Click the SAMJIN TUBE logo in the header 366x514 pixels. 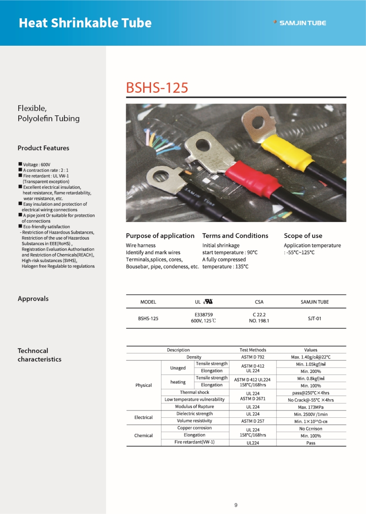point(300,23)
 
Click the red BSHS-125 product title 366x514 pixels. point(157,87)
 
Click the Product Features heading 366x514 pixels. point(43,148)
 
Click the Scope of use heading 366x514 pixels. point(303,235)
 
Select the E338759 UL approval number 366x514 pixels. point(204,314)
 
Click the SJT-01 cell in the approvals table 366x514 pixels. point(311,319)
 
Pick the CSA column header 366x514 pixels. point(259,302)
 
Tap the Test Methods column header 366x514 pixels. point(253,349)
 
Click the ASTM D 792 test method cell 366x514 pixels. point(253,357)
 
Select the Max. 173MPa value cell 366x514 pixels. point(311,407)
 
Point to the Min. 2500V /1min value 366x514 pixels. point(311,414)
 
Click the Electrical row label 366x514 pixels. point(144,417)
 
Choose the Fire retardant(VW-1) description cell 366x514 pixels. point(195,442)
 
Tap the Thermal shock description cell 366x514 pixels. point(195,392)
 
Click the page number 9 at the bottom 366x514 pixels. point(236,505)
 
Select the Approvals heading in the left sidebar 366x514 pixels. point(33,299)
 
